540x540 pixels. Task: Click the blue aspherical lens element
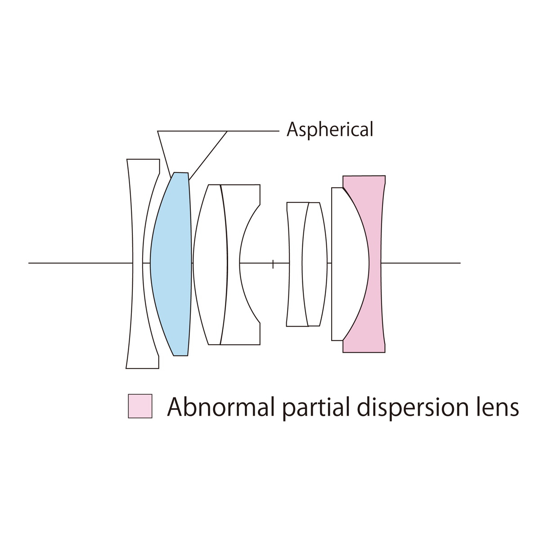171,264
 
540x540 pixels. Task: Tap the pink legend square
140,406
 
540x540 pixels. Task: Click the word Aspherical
330,130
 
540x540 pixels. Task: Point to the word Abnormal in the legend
220,407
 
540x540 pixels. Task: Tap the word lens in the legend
498,407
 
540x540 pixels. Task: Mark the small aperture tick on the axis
273,264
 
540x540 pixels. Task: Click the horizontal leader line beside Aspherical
253,131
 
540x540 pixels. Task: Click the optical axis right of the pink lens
420,263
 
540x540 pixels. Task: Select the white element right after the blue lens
210,264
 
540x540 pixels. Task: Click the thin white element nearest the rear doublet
315,264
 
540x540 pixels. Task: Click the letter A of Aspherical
292,130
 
